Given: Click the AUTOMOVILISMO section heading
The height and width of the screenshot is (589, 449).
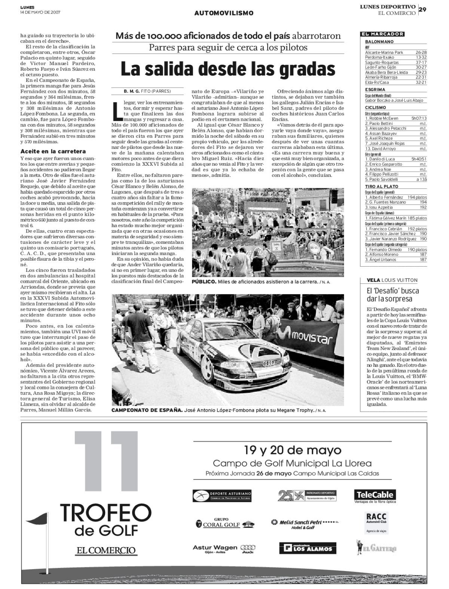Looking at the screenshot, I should (x=224, y=13).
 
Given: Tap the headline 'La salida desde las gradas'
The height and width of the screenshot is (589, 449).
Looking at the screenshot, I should (x=227, y=69).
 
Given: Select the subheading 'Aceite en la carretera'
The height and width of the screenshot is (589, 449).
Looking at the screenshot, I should (x=53, y=151).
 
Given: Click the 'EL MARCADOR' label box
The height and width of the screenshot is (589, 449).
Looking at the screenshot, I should (x=382, y=34).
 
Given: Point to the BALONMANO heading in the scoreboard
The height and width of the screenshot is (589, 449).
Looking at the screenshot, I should (x=379, y=42).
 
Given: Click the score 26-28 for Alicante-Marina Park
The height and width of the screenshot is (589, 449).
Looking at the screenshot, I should (x=421, y=53).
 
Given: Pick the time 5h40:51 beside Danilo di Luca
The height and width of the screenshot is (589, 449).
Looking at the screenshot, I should (x=419, y=159).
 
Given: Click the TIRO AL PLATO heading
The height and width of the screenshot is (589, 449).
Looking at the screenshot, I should (x=382, y=186).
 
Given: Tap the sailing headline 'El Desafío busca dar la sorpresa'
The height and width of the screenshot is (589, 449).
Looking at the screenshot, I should (x=392, y=295).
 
